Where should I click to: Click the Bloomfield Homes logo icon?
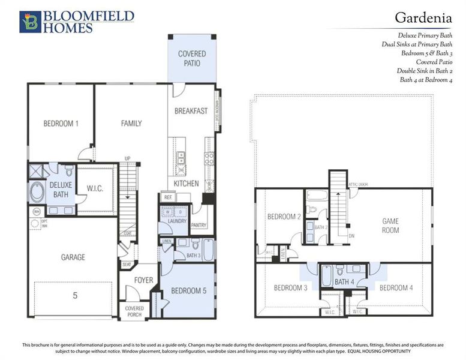click(x=29, y=22)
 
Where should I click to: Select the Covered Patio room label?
click(x=192, y=58)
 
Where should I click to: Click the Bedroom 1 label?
click(x=61, y=124)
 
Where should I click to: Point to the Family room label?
click(x=131, y=124)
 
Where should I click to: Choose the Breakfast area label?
click(x=191, y=111)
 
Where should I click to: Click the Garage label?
click(x=73, y=257)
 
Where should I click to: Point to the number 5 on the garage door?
click(x=75, y=295)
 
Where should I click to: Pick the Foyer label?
click(x=143, y=280)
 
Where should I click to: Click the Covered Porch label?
click(x=134, y=311)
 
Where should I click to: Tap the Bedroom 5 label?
click(x=188, y=291)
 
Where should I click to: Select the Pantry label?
click(x=199, y=225)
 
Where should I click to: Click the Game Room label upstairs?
click(x=390, y=226)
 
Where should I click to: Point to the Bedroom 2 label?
click(x=284, y=217)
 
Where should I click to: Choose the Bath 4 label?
click(x=344, y=281)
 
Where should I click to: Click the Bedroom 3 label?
click(x=291, y=288)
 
